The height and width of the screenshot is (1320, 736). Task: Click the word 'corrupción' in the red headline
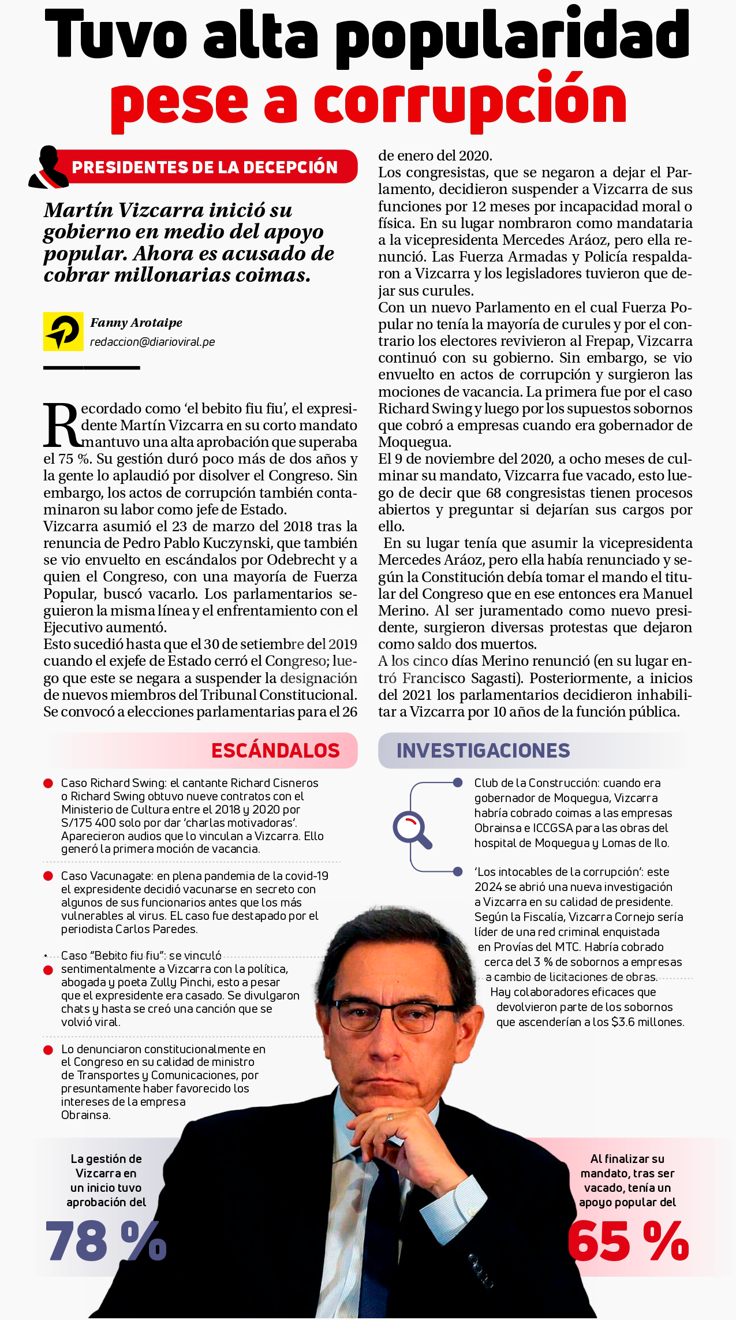[470, 102]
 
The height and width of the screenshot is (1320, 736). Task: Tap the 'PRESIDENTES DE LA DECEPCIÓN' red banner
[205, 167]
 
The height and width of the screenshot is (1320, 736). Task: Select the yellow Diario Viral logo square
[63, 331]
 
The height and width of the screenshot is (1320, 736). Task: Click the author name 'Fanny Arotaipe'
[136, 323]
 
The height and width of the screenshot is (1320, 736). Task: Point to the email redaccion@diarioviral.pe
[152, 342]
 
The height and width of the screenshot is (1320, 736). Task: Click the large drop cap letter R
[62, 426]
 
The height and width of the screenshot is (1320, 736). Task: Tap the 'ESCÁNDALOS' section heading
[275, 750]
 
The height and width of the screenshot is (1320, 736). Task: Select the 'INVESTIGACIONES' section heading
[483, 750]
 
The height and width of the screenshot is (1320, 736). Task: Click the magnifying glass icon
[412, 830]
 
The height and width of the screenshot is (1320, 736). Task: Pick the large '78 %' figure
[106, 1240]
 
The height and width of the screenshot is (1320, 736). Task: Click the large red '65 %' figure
[628, 1240]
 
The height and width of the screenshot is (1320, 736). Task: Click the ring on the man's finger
[390, 1117]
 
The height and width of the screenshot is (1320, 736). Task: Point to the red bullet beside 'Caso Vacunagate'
[48, 876]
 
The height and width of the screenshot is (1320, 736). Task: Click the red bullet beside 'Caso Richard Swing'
[48, 784]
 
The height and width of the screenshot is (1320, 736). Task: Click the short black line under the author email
[92, 367]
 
